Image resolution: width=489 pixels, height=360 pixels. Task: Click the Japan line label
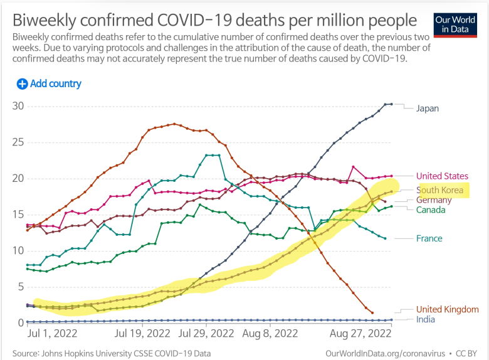coord(427,108)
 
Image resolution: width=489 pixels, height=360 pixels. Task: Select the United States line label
coord(442,176)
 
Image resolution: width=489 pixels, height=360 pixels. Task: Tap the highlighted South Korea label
coord(440,189)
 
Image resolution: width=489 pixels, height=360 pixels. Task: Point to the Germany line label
coord(434,199)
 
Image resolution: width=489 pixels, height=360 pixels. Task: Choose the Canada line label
coord(431,209)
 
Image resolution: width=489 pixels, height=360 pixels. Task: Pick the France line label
coord(429,238)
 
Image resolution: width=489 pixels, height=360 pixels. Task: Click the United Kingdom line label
coord(447,309)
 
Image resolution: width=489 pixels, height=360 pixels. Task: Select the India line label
coord(426,319)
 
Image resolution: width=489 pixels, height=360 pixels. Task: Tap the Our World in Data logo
coord(455,24)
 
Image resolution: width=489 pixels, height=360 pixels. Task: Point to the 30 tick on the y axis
coord(18,105)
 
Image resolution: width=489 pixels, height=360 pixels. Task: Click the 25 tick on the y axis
coord(18,142)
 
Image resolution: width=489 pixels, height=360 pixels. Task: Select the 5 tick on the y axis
coord(20,287)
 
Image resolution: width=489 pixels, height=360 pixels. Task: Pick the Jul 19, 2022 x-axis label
coord(142,334)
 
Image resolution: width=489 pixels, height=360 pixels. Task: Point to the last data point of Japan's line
coord(391,103)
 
